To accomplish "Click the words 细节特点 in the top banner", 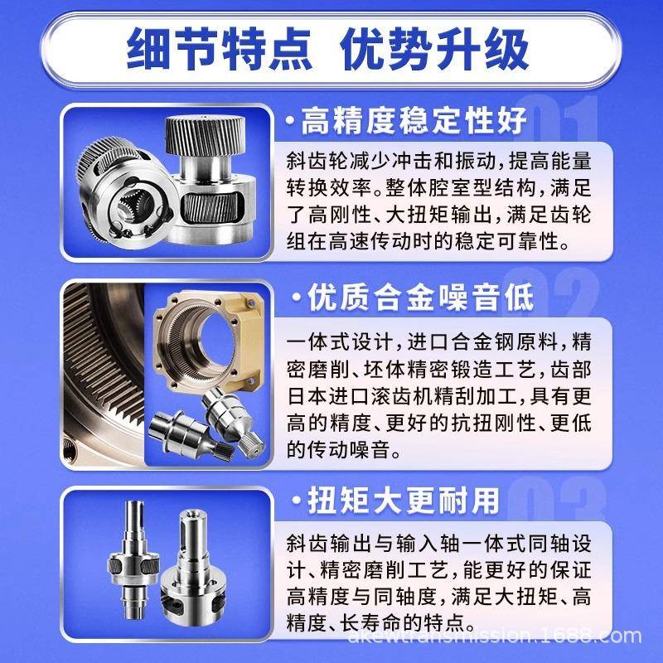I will [219, 48].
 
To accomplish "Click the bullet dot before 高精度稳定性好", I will [289, 123].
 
